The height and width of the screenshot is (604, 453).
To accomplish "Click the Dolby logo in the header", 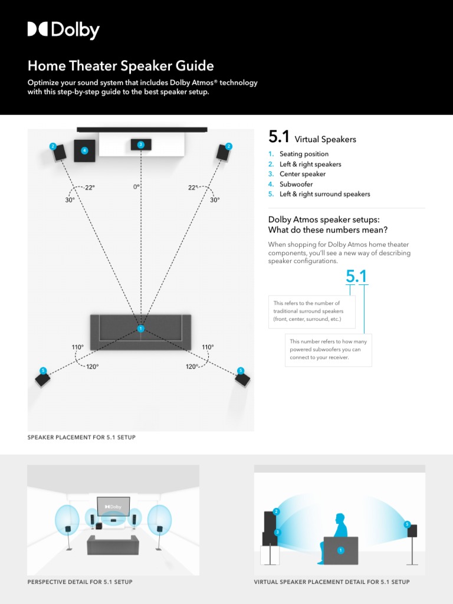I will coord(63,30).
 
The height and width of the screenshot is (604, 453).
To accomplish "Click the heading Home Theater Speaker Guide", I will coord(120,65).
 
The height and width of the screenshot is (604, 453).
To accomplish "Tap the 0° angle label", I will coord(136,187).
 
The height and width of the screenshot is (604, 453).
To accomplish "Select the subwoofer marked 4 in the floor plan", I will coord(84,150).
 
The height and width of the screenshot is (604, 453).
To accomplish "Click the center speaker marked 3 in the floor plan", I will coord(140,145).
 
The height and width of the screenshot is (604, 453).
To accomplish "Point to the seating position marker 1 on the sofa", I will coord(140,329).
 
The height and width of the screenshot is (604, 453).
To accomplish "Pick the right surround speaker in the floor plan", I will coord(242,378).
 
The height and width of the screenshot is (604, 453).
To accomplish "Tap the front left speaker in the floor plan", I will coord(58,153).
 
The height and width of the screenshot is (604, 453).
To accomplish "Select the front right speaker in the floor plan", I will coord(224,152).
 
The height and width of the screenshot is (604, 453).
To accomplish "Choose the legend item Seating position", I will coord(304,154).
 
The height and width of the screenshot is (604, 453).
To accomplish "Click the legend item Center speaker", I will coord(302,174).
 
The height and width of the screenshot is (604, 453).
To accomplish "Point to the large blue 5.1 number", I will coord(356,276).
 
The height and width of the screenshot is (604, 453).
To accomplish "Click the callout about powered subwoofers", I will coord(328,349).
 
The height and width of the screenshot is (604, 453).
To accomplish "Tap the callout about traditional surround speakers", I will coord(311,311).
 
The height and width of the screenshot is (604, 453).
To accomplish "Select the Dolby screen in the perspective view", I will coord(113,506).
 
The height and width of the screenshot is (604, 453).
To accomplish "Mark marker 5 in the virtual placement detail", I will coord(407,524).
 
